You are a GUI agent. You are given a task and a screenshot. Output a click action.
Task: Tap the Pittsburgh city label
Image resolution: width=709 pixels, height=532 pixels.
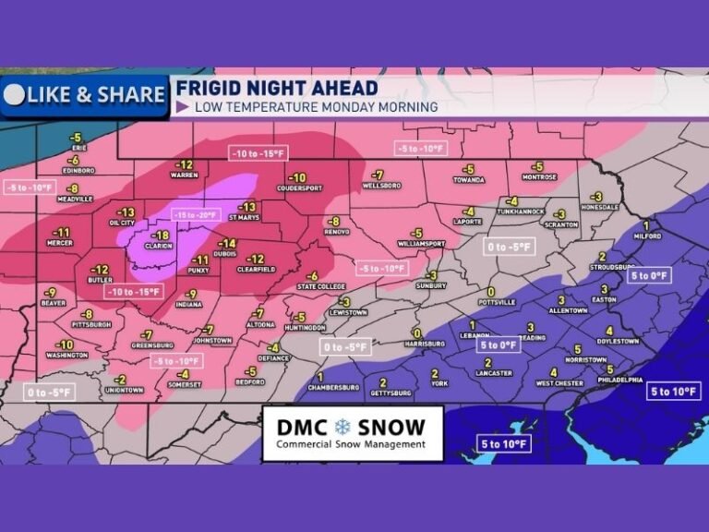92,324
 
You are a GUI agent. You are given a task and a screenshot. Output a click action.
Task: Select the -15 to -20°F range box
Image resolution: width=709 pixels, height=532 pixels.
195,214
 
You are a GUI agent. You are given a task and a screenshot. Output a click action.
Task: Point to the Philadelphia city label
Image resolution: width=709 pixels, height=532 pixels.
619,379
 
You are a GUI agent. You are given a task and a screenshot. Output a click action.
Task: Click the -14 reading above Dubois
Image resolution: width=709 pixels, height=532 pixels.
228,244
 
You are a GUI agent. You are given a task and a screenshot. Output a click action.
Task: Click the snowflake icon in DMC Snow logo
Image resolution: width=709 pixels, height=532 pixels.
343,428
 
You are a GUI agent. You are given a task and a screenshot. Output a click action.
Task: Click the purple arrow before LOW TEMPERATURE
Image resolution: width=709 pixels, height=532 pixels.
182,107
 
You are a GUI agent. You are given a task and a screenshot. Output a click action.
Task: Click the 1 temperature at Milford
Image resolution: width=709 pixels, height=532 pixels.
647,225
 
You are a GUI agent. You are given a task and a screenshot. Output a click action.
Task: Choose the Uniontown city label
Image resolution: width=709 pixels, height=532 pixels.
122,390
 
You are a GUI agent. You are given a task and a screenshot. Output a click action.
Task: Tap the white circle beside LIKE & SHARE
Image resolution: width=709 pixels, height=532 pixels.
14,95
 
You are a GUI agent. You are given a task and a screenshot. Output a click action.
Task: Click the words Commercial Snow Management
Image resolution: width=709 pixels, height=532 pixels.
352,444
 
